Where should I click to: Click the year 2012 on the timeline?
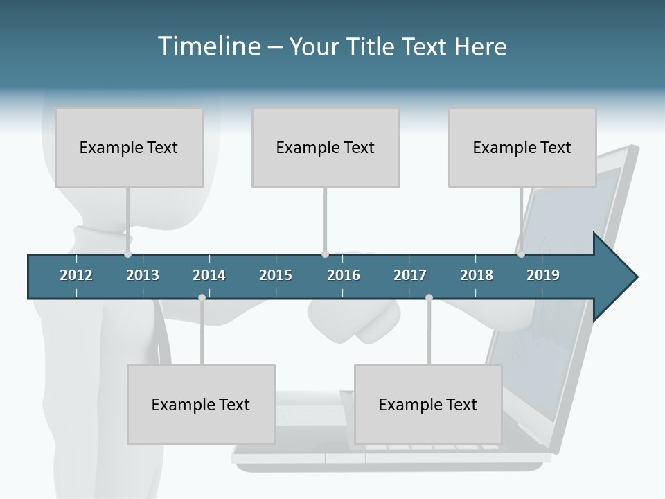coord(76,275)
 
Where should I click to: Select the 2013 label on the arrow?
coord(143,275)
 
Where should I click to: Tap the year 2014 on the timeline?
coord(209,275)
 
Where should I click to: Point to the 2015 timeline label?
coord(276,275)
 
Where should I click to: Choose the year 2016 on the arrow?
coord(344,275)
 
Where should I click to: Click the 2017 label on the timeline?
coord(410,275)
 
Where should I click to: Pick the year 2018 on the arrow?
coord(477,275)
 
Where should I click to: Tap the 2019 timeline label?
coord(543,275)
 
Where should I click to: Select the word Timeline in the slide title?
coord(208,46)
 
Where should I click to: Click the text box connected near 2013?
coord(129,148)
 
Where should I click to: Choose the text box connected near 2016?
coord(326,148)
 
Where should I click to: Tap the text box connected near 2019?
coord(522,148)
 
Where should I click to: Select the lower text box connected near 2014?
coord(201,405)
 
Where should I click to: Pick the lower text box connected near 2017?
coord(428,405)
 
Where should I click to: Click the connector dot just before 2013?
coord(128,254)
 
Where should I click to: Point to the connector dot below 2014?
coord(202,298)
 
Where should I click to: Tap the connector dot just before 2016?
coord(325,254)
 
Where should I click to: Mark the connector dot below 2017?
coord(429,298)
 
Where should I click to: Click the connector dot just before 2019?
coord(522,254)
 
